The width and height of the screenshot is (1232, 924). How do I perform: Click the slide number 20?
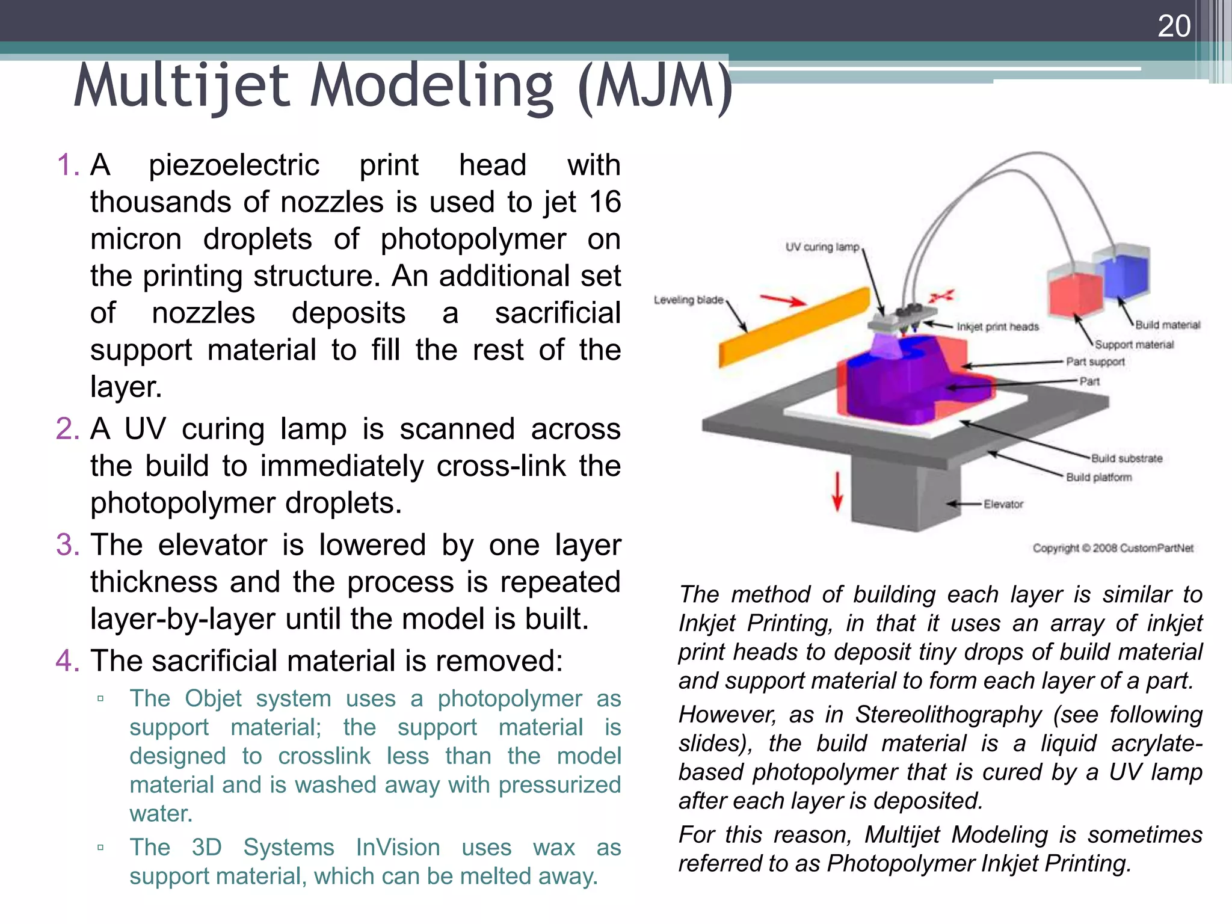(1174, 26)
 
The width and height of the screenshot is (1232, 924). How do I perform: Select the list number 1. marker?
(67, 165)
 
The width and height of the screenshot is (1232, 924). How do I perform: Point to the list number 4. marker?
(67, 661)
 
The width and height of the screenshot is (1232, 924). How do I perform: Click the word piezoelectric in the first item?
(234, 165)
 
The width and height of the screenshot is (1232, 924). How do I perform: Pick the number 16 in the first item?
(605, 202)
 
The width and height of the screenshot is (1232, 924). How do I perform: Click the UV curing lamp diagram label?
(822, 247)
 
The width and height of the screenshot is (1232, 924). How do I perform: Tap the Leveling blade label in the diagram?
(688, 300)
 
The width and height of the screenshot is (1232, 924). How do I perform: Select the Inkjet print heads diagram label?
(997, 327)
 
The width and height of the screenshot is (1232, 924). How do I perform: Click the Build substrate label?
(1127, 458)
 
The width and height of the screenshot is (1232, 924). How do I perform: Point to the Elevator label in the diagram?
(1003, 504)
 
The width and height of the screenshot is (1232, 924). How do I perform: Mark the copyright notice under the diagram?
(1113, 548)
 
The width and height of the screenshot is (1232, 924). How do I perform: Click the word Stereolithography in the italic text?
(948, 715)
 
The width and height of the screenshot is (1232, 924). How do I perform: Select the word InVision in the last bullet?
(398, 848)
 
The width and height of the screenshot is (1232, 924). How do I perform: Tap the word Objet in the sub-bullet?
(213, 699)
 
